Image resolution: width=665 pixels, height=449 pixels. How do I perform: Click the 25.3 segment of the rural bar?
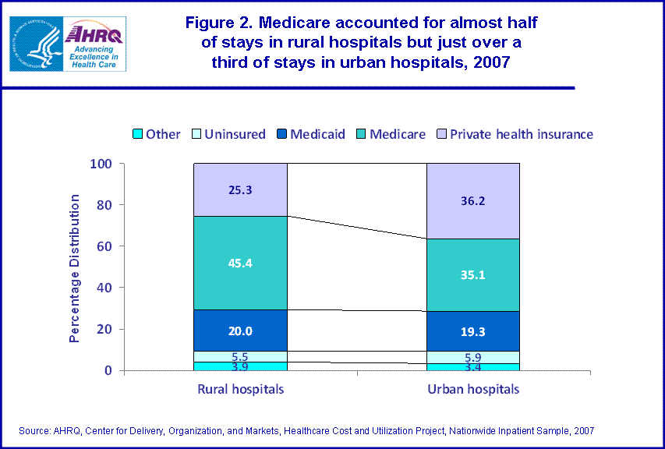(x=241, y=189)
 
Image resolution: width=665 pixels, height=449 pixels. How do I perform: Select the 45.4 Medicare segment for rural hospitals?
(x=241, y=262)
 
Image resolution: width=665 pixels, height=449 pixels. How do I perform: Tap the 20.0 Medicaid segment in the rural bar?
(x=241, y=330)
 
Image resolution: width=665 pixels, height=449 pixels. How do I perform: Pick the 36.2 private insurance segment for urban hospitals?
(x=472, y=200)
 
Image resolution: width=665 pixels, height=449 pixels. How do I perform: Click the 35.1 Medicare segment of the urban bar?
(x=472, y=274)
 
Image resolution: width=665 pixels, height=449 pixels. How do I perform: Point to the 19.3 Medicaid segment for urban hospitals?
(x=472, y=331)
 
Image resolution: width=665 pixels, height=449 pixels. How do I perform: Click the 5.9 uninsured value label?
(x=472, y=357)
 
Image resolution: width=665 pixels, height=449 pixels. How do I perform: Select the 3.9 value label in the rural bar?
(x=241, y=366)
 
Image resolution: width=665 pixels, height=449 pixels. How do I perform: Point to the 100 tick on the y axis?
(x=101, y=164)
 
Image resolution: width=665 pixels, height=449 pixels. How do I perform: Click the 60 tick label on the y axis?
(x=105, y=246)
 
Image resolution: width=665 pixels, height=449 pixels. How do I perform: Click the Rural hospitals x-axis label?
(x=241, y=388)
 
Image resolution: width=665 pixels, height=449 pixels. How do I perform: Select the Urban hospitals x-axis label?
(x=472, y=388)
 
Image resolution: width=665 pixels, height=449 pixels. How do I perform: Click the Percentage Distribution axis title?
(x=75, y=268)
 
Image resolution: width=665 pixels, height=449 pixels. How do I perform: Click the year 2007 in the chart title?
(x=490, y=62)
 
